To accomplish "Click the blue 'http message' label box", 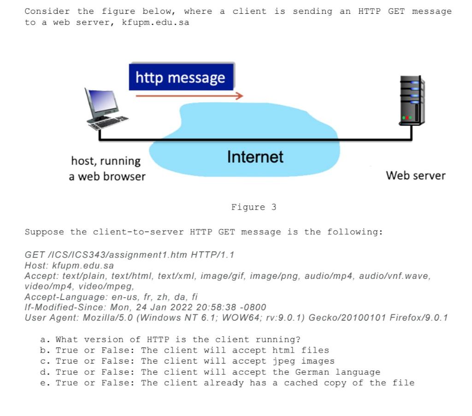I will (181, 77).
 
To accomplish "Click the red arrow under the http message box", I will (189, 96).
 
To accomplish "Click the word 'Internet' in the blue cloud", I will (255, 157).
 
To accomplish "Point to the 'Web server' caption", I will (415, 175).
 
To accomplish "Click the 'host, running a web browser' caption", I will (106, 168).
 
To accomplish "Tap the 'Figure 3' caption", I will (254, 207).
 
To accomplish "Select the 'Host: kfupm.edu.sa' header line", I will (69, 266).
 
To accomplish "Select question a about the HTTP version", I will (171, 340).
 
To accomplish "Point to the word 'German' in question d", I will (312, 372).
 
